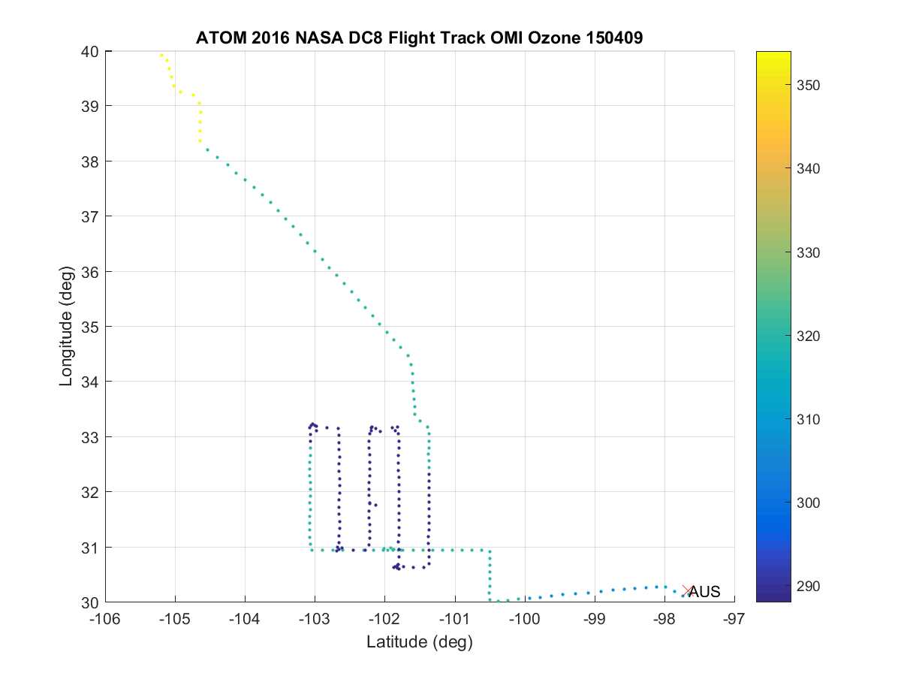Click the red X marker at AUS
tap(687, 591)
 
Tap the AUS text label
tap(705, 592)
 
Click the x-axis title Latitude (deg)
tap(419, 641)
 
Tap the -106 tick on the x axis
tap(105, 618)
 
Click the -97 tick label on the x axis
tap(734, 618)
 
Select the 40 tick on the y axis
tap(91, 52)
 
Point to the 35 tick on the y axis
tap(91, 327)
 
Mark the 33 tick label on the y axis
tap(91, 437)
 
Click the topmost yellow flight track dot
tap(161, 55)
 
